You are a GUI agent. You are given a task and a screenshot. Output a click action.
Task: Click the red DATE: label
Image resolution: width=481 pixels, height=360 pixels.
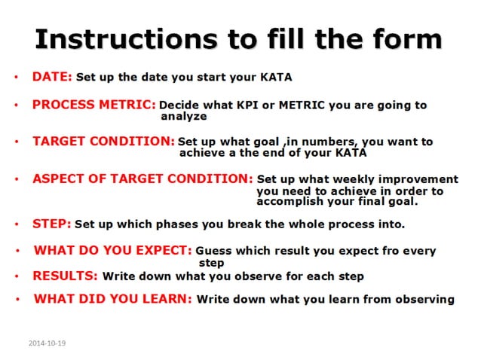pos(52,77)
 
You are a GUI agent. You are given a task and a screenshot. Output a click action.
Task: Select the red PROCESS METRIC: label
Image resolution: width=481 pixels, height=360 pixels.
pos(94,105)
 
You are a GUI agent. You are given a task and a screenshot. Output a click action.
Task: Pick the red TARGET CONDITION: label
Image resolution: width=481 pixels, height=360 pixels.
pos(103,141)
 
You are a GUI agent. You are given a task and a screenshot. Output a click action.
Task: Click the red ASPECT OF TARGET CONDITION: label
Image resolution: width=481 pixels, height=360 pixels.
pos(142,179)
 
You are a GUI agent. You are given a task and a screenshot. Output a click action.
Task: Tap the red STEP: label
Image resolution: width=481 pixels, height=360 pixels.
pos(52,224)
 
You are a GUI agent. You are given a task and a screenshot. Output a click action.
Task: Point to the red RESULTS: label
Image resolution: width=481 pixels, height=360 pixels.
pos(66,276)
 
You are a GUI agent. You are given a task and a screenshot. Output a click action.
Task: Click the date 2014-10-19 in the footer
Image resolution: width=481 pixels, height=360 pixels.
pos(47,343)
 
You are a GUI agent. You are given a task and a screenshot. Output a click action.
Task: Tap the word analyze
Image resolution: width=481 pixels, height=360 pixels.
pos(184,117)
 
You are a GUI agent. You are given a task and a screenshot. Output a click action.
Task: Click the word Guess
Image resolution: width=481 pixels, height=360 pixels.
pos(213,252)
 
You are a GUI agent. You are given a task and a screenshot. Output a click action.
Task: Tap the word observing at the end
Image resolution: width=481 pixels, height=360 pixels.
pos(426,300)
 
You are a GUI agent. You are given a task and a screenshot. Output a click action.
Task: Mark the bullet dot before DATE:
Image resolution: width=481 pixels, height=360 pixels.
pos(16,78)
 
